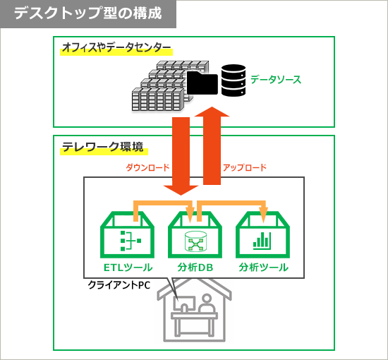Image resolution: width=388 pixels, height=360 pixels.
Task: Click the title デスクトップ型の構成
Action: click(88, 13)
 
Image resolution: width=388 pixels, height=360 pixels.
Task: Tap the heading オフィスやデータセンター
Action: click(116, 47)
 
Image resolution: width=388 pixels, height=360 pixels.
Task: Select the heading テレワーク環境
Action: click(103, 147)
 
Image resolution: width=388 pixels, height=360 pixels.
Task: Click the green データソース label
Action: click(276, 80)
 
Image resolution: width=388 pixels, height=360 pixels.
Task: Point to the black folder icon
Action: click(202, 83)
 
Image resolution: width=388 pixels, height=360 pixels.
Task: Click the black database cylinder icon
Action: click(234, 80)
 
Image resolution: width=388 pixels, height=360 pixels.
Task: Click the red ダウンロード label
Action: click(147, 168)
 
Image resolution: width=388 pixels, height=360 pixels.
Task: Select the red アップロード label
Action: click(245, 168)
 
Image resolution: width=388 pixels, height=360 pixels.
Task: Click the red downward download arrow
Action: click(181, 156)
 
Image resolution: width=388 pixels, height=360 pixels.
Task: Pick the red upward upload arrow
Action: click(212, 145)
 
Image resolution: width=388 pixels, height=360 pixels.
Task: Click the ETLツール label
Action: click(128, 268)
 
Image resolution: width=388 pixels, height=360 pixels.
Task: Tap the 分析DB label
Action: click(195, 268)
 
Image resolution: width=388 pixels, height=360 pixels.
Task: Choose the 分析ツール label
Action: click(264, 268)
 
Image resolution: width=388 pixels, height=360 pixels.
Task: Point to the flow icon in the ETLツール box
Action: click(131, 241)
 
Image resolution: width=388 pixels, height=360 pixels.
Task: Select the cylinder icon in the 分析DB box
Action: click(195, 241)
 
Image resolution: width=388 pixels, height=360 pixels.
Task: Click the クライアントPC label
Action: click(119, 285)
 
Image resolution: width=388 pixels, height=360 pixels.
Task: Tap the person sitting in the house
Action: click(207, 304)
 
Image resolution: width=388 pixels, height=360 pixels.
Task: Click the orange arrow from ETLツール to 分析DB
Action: click(164, 203)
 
